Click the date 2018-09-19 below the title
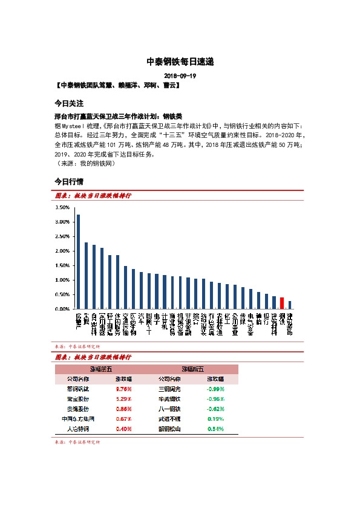point(180,76)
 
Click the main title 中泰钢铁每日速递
point(180,62)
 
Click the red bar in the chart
point(282,303)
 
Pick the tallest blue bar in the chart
point(78,262)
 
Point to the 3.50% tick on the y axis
point(62,207)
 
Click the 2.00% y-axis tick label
point(62,251)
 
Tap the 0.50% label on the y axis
point(62,294)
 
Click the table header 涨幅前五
point(100,368)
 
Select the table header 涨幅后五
point(192,368)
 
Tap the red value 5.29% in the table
point(124,399)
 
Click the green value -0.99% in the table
point(216,389)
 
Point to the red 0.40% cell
point(124,429)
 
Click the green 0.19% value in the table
point(216,418)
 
